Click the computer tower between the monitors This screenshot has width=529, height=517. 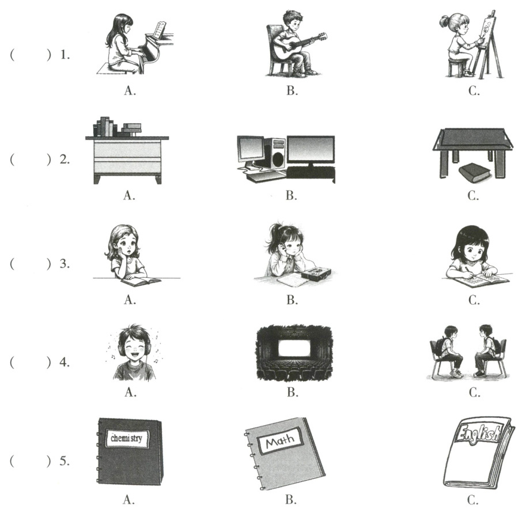coord(275,153)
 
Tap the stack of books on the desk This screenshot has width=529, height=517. coord(117,127)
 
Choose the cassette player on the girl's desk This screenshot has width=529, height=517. coord(316,273)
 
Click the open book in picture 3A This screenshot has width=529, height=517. coord(141,281)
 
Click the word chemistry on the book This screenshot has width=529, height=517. coord(127,439)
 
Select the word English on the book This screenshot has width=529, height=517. coord(477,433)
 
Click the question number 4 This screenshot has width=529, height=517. coord(64,362)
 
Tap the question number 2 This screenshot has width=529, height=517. coord(64,159)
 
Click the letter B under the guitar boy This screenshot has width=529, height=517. coord(292,90)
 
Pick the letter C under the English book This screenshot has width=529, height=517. coord(473,500)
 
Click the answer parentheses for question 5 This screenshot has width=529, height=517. coord(31,461)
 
